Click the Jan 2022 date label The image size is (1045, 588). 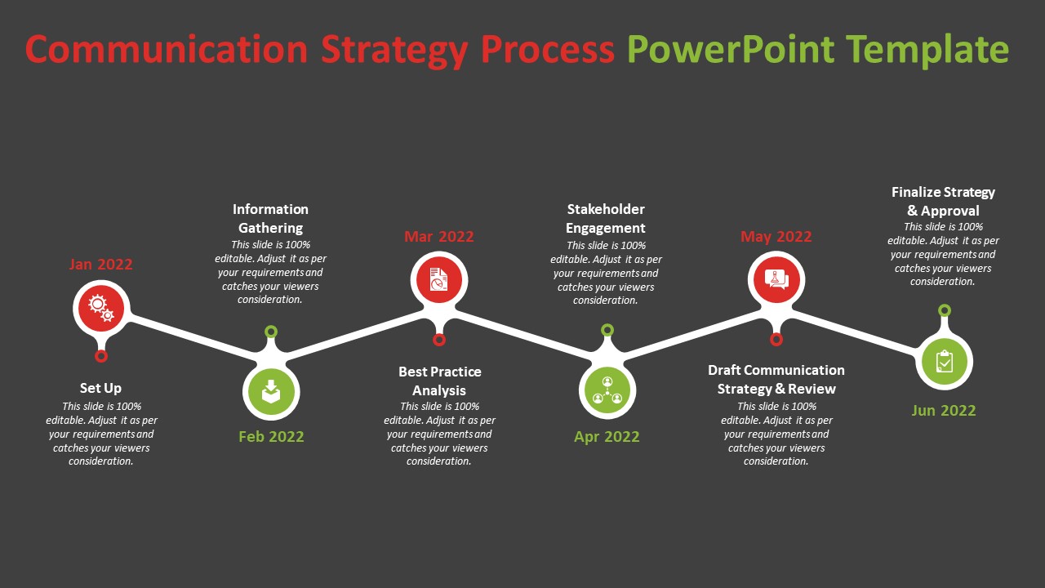[100, 265]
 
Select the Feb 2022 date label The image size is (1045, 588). [271, 437]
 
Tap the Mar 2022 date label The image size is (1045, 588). [439, 237]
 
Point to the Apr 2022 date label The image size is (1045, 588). [607, 437]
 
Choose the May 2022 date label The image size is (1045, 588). [776, 237]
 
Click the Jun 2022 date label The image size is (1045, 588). [944, 411]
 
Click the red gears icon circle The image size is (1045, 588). [100, 308]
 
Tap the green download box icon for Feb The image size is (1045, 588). [271, 393]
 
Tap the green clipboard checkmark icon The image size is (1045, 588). [944, 360]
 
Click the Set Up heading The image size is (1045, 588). [100, 388]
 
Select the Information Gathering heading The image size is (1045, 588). [271, 219]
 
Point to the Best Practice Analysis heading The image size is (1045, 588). [439, 381]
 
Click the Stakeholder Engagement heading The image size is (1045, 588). [606, 219]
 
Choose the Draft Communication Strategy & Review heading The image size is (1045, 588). [776, 379]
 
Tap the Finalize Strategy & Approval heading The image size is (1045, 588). [943, 201]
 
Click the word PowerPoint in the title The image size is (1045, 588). [731, 49]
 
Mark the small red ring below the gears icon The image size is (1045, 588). [101, 356]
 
